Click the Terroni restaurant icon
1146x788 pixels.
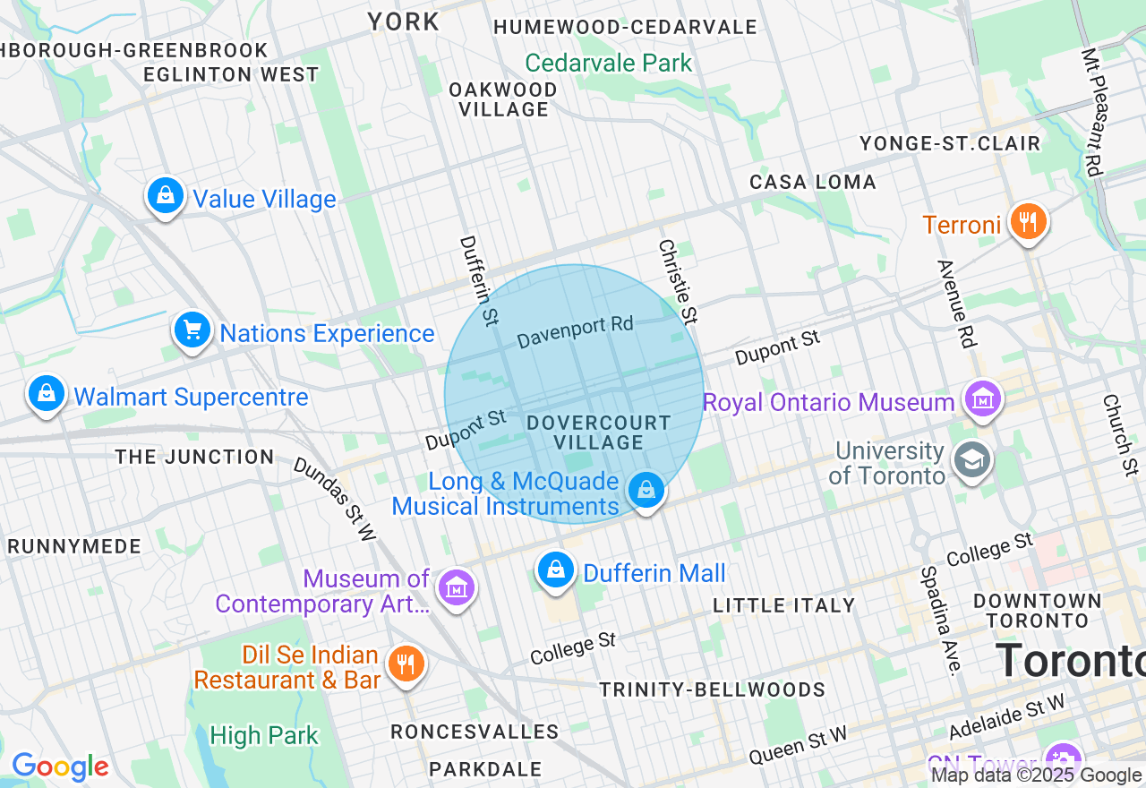pyautogui.click(x=1028, y=221)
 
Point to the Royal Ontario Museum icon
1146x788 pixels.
pyautogui.click(x=983, y=399)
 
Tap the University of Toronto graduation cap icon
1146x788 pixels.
pyautogui.click(x=971, y=460)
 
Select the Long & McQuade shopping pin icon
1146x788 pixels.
pyautogui.click(x=646, y=490)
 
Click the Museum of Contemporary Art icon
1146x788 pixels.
pyautogui.click(x=457, y=588)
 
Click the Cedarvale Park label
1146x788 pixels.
pyautogui.click(x=609, y=63)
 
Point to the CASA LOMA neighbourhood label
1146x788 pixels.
pyautogui.click(x=813, y=182)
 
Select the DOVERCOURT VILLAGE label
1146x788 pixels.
pyautogui.click(x=598, y=432)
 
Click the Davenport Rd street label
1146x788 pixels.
pyautogui.click(x=575, y=332)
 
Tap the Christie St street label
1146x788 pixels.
pyautogui.click(x=677, y=280)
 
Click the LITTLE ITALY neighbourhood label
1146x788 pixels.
pyautogui.click(x=784, y=605)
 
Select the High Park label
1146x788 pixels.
pyautogui.click(x=264, y=735)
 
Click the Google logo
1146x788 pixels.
pyautogui.click(x=60, y=767)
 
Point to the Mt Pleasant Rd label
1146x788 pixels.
pyautogui.click(x=1092, y=111)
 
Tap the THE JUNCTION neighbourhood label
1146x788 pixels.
pyautogui.click(x=194, y=457)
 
